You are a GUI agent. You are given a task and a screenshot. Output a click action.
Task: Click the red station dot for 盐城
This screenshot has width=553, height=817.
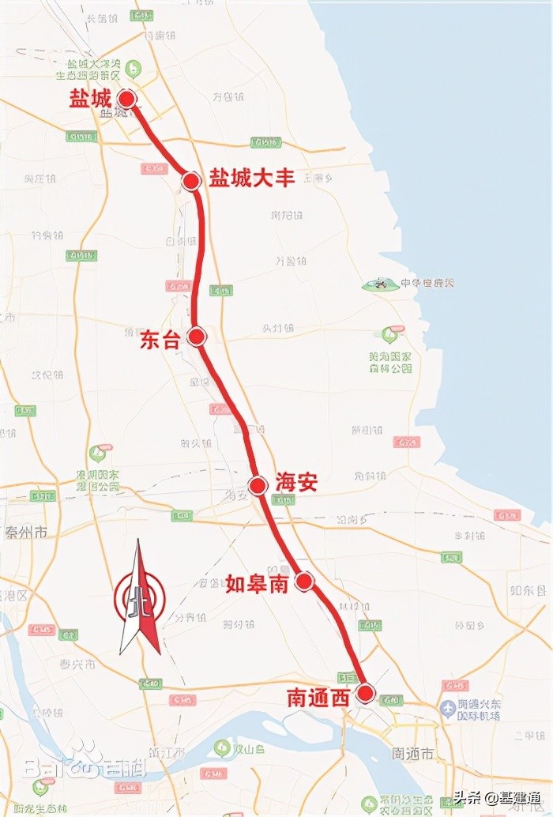(x=126, y=99)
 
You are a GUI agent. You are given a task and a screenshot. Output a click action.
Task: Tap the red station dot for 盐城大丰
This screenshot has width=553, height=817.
(x=190, y=181)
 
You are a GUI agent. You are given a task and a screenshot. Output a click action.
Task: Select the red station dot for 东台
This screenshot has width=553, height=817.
(x=197, y=337)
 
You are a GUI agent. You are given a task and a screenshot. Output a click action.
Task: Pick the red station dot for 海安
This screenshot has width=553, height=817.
(x=257, y=484)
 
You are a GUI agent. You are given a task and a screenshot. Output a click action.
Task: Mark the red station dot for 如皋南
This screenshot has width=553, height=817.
(x=304, y=582)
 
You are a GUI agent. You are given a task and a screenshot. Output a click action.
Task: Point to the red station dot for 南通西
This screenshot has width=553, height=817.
(x=365, y=694)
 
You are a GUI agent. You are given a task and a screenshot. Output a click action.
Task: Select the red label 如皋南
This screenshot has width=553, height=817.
(x=257, y=584)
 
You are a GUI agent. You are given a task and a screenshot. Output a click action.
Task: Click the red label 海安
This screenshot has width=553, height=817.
(x=296, y=482)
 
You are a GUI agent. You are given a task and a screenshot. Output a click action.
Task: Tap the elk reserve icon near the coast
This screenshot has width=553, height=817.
(x=381, y=284)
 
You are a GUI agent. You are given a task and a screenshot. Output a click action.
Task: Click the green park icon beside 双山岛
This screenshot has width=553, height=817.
(x=224, y=747)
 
